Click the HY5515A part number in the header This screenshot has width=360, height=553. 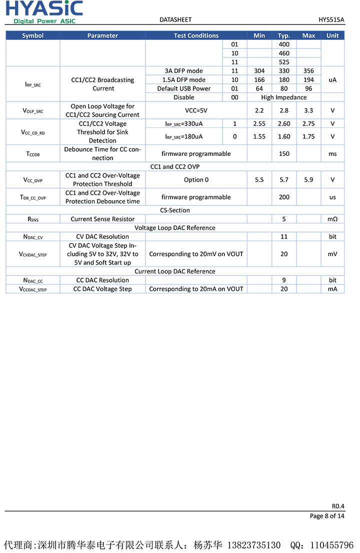pyautogui.click(x=331, y=19)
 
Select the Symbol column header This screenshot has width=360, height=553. pyautogui.click(x=33, y=35)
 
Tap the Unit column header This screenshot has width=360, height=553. pyautogui.click(x=332, y=35)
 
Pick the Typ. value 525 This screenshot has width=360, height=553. pyautogui.click(x=284, y=62)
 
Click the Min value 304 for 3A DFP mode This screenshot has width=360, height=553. pyautogui.click(x=259, y=71)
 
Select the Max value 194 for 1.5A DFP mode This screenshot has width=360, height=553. pyautogui.click(x=308, y=80)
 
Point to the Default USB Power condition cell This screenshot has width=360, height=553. pyautogui.click(x=184, y=88)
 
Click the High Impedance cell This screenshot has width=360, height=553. pyautogui.click(x=284, y=97)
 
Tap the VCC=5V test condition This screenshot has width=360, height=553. pyautogui.click(x=196, y=110)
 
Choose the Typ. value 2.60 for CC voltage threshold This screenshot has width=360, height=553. pyautogui.click(x=284, y=123)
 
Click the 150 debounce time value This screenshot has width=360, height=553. pyautogui.click(x=284, y=153)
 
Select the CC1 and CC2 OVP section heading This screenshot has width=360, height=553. pyautogui.click(x=175, y=166)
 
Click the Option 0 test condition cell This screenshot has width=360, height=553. pyautogui.click(x=196, y=179)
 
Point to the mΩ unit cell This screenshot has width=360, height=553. pyautogui.click(x=332, y=219)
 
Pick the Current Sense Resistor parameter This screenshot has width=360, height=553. pyautogui.click(x=102, y=219)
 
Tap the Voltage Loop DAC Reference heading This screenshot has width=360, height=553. pyautogui.click(x=175, y=227)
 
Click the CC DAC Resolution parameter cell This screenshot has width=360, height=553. pyautogui.click(x=102, y=280)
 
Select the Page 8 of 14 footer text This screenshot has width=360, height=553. pyautogui.click(x=327, y=516)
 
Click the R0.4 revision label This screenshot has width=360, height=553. pyautogui.click(x=338, y=506)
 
